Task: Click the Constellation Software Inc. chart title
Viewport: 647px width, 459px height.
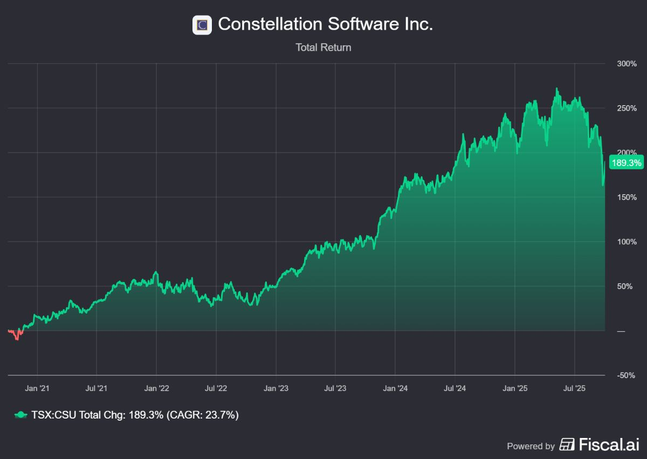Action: [x=325, y=24]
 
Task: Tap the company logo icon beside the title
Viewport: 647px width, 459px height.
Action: [x=202, y=25]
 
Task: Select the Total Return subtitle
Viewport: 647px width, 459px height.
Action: [x=323, y=47]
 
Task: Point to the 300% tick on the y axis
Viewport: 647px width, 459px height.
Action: [x=627, y=64]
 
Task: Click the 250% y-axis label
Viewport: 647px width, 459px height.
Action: [x=627, y=108]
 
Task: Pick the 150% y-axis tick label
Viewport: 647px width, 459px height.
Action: [x=627, y=197]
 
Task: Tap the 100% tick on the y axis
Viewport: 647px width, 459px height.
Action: [x=627, y=242]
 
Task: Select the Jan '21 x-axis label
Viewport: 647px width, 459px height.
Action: [x=37, y=388]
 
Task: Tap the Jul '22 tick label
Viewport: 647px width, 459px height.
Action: [x=216, y=388]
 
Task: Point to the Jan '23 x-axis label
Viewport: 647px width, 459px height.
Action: [x=276, y=388]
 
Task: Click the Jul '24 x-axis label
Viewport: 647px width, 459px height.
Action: [x=455, y=388]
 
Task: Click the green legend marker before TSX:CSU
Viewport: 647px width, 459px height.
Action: [x=20, y=415]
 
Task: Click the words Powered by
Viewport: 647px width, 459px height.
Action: [x=531, y=446]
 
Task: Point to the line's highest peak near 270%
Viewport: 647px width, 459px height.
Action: [x=556, y=89]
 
